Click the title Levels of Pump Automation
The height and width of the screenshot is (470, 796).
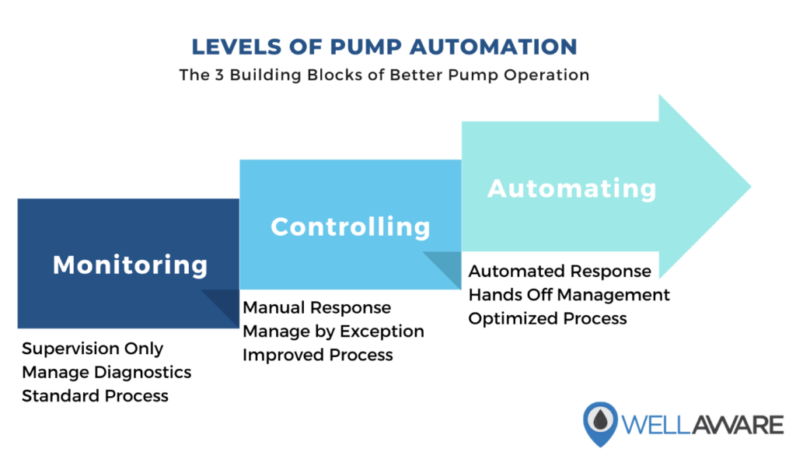tap(384, 47)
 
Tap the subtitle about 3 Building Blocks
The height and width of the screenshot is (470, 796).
tap(384, 75)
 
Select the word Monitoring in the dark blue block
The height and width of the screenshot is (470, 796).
tap(131, 265)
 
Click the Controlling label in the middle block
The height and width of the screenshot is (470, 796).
tap(351, 226)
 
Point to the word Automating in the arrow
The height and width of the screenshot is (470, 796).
tap(572, 189)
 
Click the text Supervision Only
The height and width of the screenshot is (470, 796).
tap(93, 349)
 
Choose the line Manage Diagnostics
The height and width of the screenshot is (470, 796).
tap(106, 373)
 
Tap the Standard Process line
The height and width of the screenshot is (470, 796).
tap(95, 396)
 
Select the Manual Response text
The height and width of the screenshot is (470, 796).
tap(317, 308)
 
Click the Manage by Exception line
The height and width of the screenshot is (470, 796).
tap(333, 331)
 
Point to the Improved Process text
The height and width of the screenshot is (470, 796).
tap(318, 355)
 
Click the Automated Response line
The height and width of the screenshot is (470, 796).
tap(560, 272)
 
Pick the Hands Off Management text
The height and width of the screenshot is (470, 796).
tap(569, 295)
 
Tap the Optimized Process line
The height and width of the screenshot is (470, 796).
tap(547, 318)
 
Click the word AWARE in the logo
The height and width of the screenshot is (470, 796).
tap(737, 425)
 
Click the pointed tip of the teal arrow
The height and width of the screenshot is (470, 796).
tap(751, 187)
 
